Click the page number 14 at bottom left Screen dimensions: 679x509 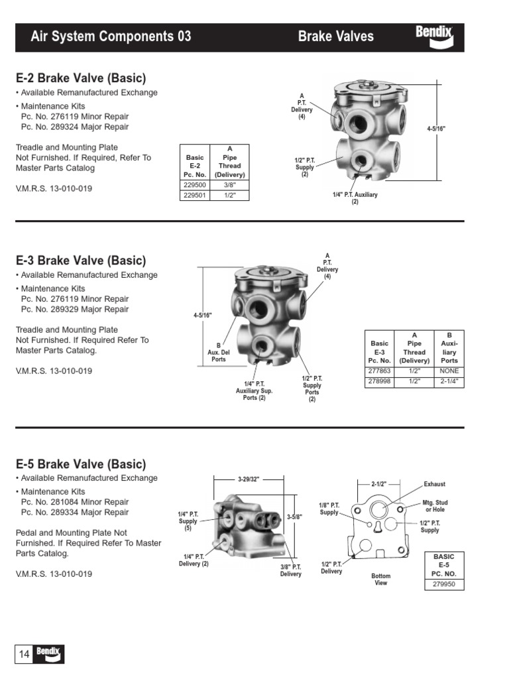pos(24,654)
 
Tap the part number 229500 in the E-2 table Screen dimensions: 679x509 pos(194,186)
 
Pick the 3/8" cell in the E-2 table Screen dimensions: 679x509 pos(230,186)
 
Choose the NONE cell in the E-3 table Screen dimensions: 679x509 pos(449,371)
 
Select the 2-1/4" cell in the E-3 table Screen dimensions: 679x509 pos(449,382)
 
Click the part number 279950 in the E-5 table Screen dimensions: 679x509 pos(444,585)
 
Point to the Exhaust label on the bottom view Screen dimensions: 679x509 pos(434,484)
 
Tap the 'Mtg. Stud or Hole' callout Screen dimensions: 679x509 pos(435,507)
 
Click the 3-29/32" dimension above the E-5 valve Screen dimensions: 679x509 pos(249,479)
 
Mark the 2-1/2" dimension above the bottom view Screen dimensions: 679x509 pos(378,484)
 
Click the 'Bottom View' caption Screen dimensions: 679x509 pos(381,580)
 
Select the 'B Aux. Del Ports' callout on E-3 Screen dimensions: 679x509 pos(218,352)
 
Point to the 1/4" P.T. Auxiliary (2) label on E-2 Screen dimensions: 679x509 pos(355,198)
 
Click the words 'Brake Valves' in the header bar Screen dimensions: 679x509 pos(335,36)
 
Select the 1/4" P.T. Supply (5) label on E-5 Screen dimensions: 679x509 pos(188,521)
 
